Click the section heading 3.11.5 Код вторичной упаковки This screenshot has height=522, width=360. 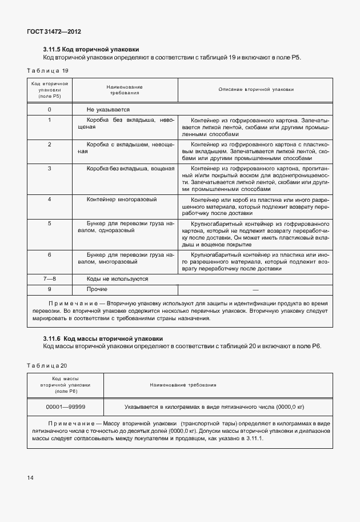pyautogui.click(x=91, y=50)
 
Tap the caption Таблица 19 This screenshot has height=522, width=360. pyautogui.click(x=48, y=70)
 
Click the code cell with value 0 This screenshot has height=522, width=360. pyautogui.click(x=50, y=109)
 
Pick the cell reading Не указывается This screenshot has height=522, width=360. pyautogui.click(x=108, y=109)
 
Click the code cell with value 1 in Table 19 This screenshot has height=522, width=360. pyautogui.click(x=50, y=120)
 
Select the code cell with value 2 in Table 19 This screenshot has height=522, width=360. pyautogui.click(x=50, y=144)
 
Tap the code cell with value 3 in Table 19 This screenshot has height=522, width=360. pyautogui.click(x=50, y=169)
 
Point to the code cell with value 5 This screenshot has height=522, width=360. pyautogui.click(x=50, y=223)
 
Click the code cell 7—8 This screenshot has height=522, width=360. pyautogui.click(x=50, y=278)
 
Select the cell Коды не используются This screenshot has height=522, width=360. pyautogui.click(x=117, y=278)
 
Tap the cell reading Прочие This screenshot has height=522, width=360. pyautogui.click(x=97, y=289)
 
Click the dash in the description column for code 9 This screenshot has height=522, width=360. pyautogui.click(x=255, y=289)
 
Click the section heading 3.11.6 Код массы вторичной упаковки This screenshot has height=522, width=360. pyautogui.click(x=103, y=338)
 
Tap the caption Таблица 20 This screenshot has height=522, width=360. pyautogui.click(x=47, y=365)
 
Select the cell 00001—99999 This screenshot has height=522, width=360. pyautogui.click(x=66, y=407)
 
